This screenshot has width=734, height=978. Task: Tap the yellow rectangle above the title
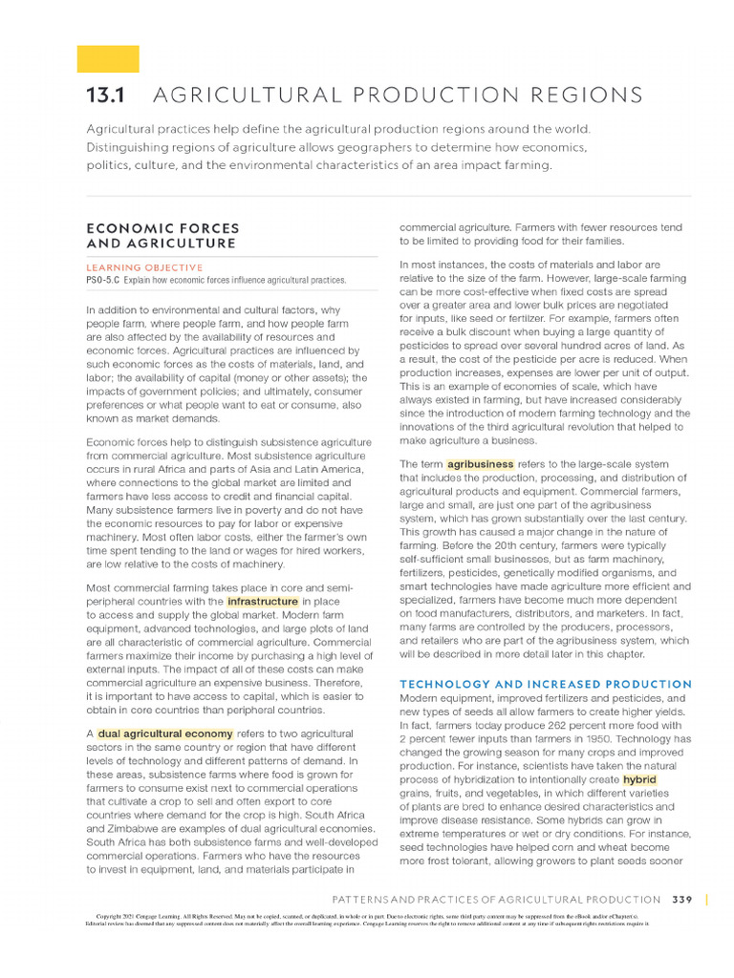[108, 59]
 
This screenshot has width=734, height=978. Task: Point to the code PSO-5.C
[103, 280]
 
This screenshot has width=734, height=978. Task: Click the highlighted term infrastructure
[262, 602]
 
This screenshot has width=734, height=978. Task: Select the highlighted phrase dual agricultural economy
[164, 733]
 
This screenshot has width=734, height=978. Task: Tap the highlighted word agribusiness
[480, 464]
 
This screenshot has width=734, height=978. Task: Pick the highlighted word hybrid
[639, 780]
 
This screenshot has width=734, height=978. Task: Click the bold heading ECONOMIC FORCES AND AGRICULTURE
[162, 236]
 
